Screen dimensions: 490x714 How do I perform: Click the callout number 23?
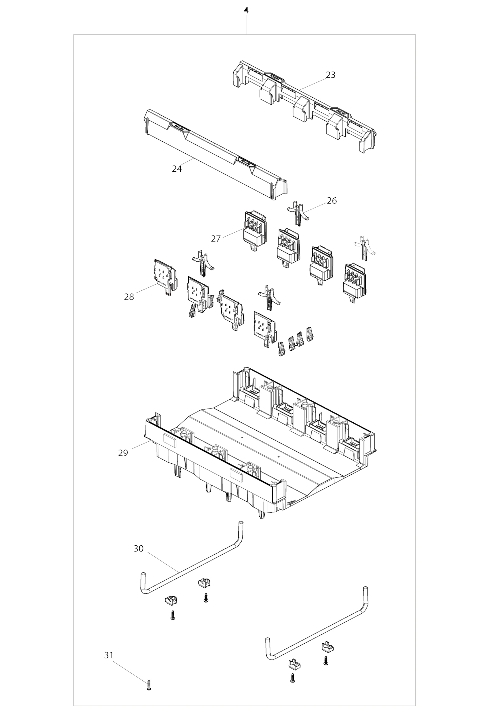pyautogui.click(x=330, y=75)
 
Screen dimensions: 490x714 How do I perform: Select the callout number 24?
pyautogui.click(x=177, y=169)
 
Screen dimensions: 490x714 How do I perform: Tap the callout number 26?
pyautogui.click(x=332, y=201)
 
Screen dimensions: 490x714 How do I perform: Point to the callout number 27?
pyautogui.click(x=216, y=238)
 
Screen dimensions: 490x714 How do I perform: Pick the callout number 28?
pyautogui.click(x=129, y=297)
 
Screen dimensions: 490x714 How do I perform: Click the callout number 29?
pyautogui.click(x=123, y=453)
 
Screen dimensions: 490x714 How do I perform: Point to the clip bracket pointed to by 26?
pyautogui.click(x=298, y=212)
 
